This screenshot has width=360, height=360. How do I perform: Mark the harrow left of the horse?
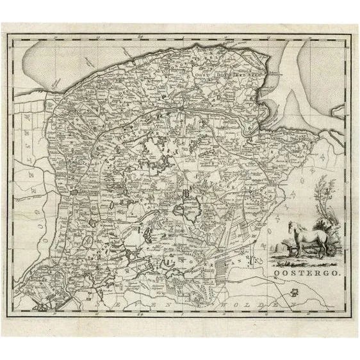click(279, 247)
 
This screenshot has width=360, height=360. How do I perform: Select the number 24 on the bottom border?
click(139, 314)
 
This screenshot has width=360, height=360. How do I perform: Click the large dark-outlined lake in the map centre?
click(191, 206)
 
